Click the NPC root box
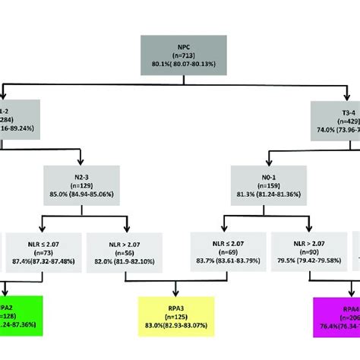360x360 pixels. [x=179, y=56]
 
